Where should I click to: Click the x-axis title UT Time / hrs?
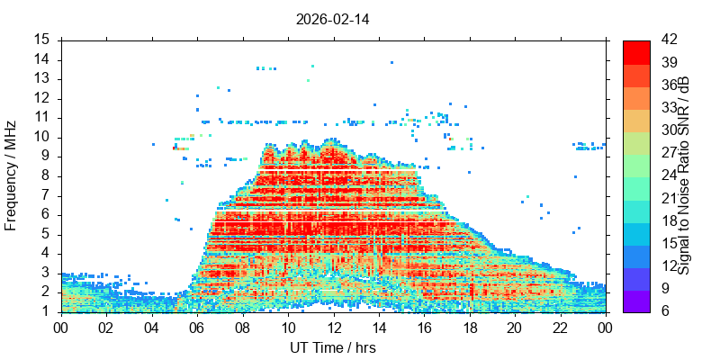333,347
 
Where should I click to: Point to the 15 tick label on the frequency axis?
43,40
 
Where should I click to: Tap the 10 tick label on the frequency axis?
43,137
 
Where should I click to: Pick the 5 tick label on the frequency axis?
47,234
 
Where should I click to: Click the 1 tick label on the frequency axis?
47,311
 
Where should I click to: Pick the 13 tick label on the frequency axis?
43,78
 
